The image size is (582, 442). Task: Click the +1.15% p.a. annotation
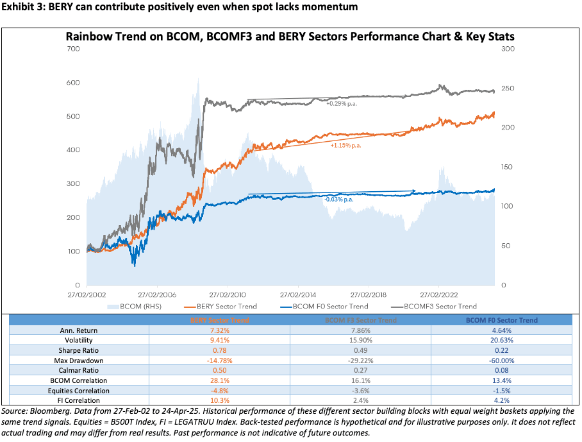[x=346, y=146]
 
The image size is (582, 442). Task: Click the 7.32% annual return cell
[x=219, y=330]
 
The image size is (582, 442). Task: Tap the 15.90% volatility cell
[x=361, y=340]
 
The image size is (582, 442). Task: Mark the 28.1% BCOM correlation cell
[x=219, y=381]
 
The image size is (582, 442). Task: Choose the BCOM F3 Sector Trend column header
[x=361, y=319]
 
